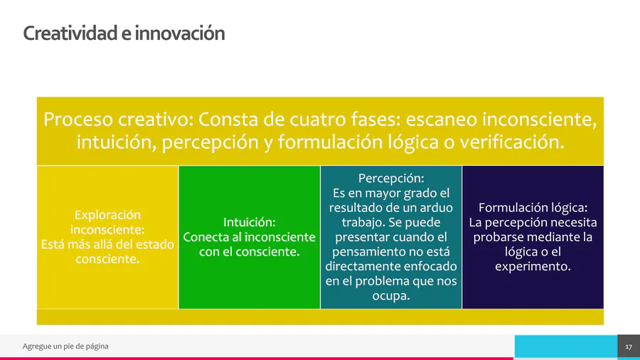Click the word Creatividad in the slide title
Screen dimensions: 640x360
[70, 33]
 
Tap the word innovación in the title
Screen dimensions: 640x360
[180, 33]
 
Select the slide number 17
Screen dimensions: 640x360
[629, 347]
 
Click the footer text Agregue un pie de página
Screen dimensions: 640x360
[65, 346]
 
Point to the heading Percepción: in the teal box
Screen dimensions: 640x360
[391, 179]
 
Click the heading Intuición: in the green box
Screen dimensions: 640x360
[250, 222]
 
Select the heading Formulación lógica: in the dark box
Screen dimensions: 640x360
[533, 208]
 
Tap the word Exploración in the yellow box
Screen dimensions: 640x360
[107, 215]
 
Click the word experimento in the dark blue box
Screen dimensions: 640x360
[531, 267]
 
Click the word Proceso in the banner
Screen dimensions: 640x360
[78, 120]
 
